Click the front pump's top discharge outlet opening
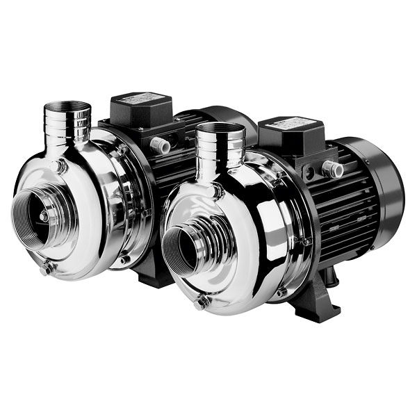point(220,128)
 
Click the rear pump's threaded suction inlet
point(42,208)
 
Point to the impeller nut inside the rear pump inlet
point(43,217)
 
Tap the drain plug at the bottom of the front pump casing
point(201,302)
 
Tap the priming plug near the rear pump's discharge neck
point(60,166)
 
